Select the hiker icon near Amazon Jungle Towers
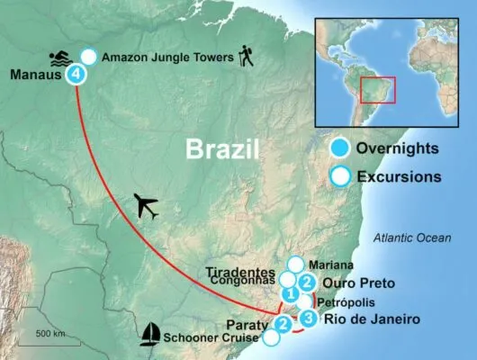coord(246,58)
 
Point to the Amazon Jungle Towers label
coord(167,56)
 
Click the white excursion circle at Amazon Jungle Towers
coord(88,55)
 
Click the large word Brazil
coord(222,148)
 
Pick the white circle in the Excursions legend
coord(340,176)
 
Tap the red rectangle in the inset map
coord(378,90)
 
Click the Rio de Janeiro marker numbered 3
coord(309,318)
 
